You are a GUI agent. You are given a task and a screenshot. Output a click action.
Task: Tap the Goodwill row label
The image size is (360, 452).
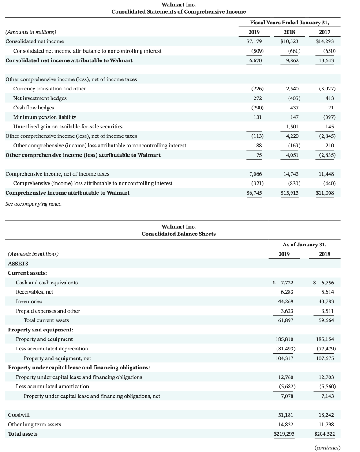tap(19, 415)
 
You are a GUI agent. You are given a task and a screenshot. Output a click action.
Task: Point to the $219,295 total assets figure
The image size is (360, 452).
tap(284, 434)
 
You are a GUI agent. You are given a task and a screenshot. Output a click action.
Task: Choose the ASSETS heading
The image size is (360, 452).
tap(18, 264)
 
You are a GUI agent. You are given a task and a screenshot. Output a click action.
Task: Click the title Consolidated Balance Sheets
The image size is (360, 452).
tap(179, 234)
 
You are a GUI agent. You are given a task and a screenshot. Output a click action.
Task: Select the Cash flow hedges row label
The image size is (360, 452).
tap(34, 108)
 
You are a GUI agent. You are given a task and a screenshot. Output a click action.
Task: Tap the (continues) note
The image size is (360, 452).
tap(327, 447)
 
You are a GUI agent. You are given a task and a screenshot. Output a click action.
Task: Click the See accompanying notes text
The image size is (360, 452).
tap(34, 204)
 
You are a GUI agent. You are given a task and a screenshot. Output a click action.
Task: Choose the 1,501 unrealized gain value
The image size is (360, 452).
tap(292, 127)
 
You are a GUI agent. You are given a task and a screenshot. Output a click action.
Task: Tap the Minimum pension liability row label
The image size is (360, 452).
tap(45, 117)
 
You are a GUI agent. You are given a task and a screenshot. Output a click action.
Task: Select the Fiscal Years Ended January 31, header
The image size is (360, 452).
tap(289, 23)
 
